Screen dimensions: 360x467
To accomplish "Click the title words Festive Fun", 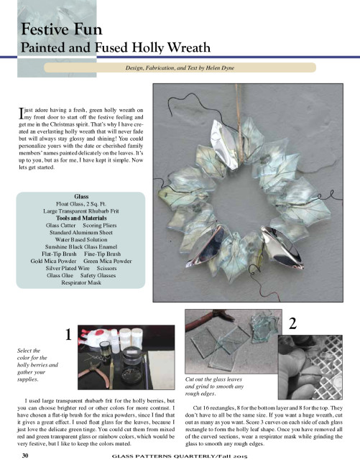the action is [61, 29].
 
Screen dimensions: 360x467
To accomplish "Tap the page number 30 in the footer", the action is [25, 456].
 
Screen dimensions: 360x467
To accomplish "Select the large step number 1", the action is [68, 335].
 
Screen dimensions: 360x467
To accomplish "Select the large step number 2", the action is [292, 323].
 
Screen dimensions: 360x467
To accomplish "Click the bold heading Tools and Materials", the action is [81, 218].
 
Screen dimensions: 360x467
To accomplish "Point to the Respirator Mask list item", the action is [81, 282].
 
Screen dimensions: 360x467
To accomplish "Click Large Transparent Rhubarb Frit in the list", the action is [81, 211].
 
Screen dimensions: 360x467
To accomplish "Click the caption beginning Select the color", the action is [37, 365].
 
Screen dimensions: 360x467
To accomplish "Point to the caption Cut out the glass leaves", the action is [214, 387].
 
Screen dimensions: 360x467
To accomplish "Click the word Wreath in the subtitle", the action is [188, 47].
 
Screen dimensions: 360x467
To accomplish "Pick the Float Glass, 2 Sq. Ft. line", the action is [81, 204].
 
